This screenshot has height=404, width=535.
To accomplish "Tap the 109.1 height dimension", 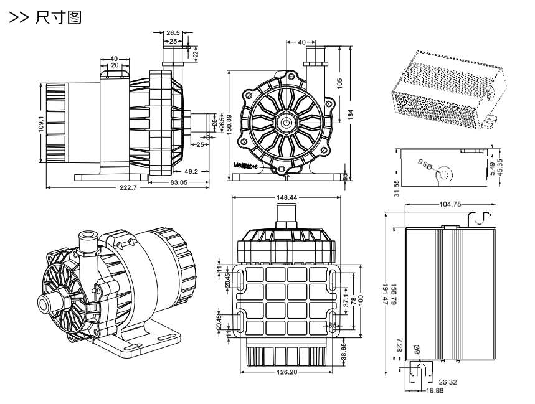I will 41,124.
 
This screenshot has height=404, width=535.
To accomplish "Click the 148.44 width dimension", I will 286,197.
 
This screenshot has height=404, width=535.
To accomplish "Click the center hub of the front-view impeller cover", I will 285,123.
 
